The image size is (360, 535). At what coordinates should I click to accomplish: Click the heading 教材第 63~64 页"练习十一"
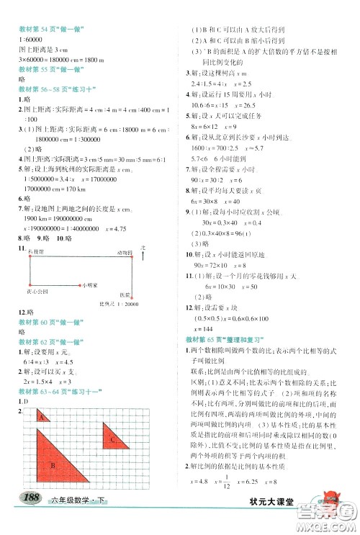tap(56, 390)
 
